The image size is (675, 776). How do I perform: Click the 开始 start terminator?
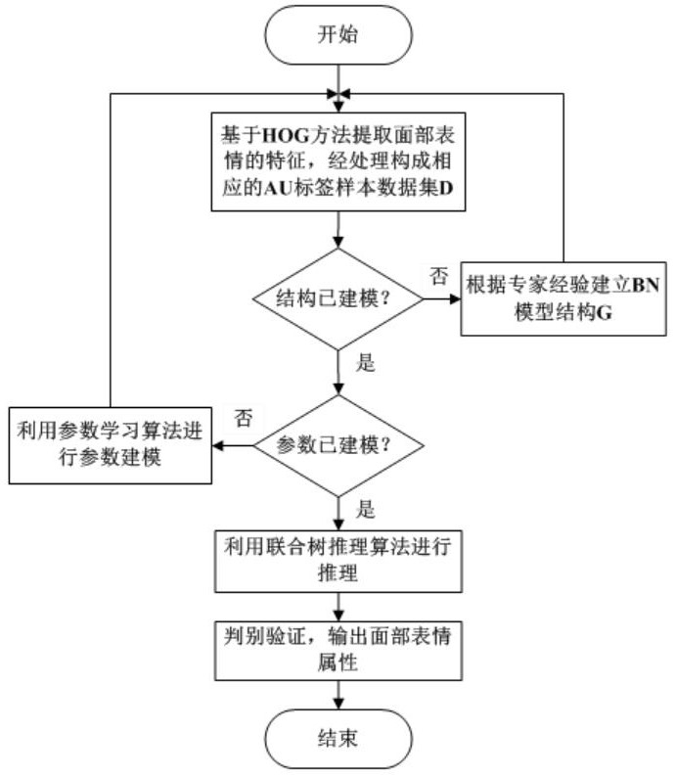click(x=337, y=36)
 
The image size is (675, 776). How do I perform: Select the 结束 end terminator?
click(x=337, y=737)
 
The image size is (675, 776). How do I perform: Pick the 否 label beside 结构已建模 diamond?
click(x=438, y=275)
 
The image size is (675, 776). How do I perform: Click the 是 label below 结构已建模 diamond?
click(x=367, y=364)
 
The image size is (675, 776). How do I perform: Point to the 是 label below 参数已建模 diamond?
click(x=367, y=509)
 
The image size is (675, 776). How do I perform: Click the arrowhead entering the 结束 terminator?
click(x=337, y=703)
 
